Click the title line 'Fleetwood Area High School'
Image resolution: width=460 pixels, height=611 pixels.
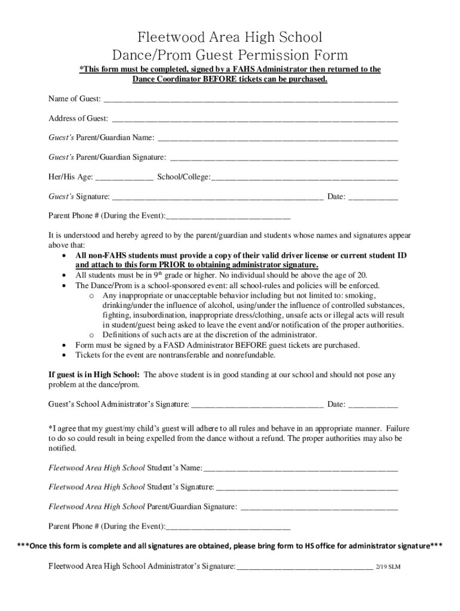(x=230, y=38)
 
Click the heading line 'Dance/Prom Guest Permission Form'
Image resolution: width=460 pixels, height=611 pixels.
(x=230, y=55)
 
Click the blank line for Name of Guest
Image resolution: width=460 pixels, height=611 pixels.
(x=250, y=99)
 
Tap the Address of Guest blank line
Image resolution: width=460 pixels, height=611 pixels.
(x=254, y=119)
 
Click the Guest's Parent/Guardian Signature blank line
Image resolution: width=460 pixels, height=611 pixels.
(x=284, y=158)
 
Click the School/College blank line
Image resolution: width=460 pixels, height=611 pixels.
(x=305, y=178)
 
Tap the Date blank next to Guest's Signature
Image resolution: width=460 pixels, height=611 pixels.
(x=373, y=197)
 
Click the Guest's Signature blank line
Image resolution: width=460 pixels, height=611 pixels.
(x=218, y=197)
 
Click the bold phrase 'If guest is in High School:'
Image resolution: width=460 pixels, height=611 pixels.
(x=94, y=375)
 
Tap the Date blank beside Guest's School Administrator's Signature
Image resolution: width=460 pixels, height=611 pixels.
(x=373, y=405)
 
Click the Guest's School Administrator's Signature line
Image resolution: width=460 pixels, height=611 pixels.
(x=257, y=405)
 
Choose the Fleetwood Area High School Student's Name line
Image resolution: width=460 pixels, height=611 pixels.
(x=300, y=468)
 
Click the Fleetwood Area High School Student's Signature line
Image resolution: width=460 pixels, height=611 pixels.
(x=306, y=487)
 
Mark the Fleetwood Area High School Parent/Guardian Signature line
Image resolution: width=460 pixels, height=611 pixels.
(x=318, y=507)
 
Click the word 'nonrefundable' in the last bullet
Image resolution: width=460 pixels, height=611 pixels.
(x=250, y=355)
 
